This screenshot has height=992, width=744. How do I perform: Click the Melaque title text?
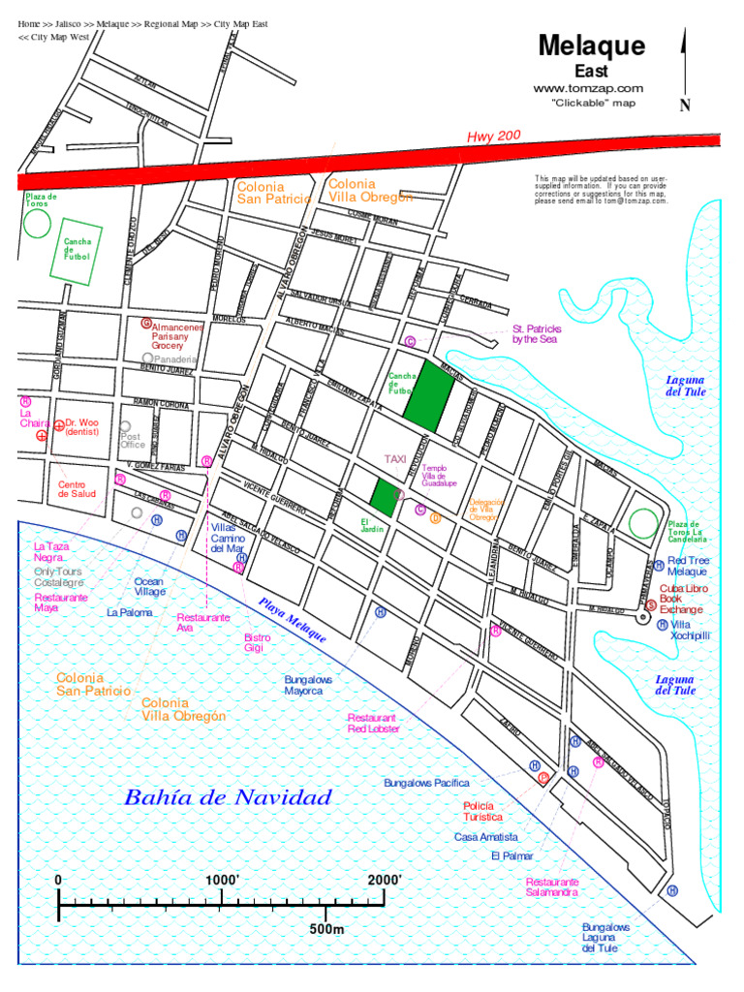tap(591, 46)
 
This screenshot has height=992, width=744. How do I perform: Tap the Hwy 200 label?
tap(494, 138)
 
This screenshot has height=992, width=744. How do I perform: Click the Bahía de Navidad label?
tap(228, 798)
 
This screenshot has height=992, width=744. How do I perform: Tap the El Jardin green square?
tap(387, 496)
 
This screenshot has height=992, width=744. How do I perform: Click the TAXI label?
tap(395, 458)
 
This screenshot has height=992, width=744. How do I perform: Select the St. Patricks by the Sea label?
tap(536, 334)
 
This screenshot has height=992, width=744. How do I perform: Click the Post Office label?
tap(132, 441)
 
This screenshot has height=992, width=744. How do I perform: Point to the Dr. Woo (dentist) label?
tap(81, 427)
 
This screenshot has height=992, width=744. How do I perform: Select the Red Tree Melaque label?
tap(688, 566)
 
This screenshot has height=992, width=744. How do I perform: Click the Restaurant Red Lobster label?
tap(374, 723)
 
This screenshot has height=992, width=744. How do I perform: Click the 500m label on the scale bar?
tap(326, 929)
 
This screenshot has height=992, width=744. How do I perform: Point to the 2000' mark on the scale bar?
tap(385, 879)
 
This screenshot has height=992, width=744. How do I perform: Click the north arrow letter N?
tap(685, 106)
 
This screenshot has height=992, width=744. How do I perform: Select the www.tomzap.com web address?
tap(588, 88)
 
